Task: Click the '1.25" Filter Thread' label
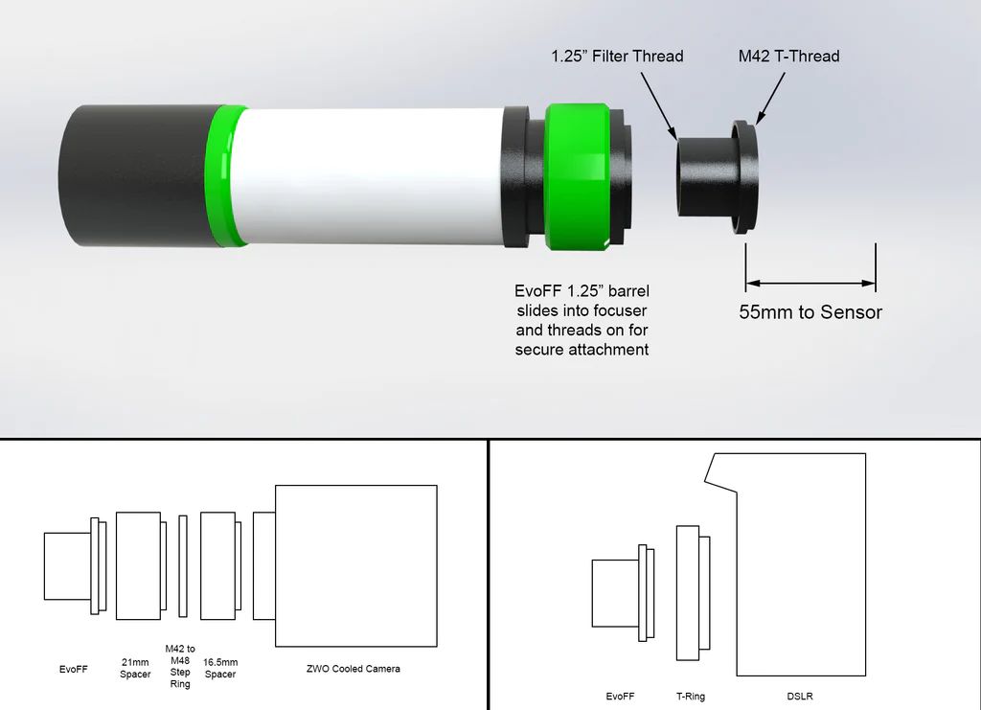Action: (x=617, y=56)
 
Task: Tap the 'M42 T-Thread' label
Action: (x=788, y=56)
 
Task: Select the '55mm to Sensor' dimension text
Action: (x=810, y=311)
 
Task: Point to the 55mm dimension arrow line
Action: (x=810, y=283)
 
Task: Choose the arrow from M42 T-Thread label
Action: (x=771, y=97)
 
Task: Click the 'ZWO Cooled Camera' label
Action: (x=354, y=669)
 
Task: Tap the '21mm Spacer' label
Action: (x=135, y=669)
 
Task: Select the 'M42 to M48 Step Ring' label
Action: (x=180, y=666)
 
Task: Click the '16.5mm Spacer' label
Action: (x=220, y=669)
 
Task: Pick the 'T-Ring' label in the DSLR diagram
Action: (x=690, y=697)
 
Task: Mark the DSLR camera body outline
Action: (x=800, y=565)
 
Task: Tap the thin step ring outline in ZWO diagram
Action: (x=182, y=565)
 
